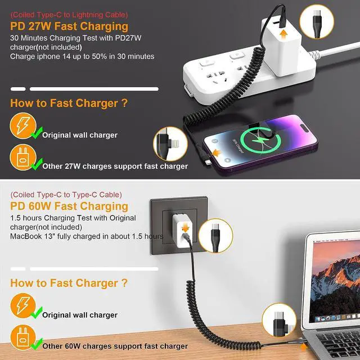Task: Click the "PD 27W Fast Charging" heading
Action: pyautogui.click(x=69, y=26)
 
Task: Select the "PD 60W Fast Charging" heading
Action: pyautogui.click(x=69, y=206)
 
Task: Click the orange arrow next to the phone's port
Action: pyautogui.click(x=217, y=152)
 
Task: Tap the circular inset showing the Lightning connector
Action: pyautogui.click(x=170, y=144)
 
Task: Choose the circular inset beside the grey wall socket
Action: pyautogui.click(x=215, y=236)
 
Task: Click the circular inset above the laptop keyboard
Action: pyautogui.click(x=279, y=320)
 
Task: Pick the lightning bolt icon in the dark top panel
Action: pyautogui.click(x=23, y=126)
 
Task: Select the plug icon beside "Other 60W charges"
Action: pyautogui.click(x=23, y=337)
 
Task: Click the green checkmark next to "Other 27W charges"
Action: pyautogui.click(x=37, y=164)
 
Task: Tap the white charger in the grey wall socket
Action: pyautogui.click(x=182, y=231)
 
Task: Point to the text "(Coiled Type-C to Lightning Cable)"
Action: pyautogui.click(x=69, y=15)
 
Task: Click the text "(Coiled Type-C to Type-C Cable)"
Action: pyautogui.click(x=66, y=195)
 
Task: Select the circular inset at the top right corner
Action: pyautogui.click(x=317, y=21)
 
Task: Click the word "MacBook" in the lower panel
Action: pyautogui.click(x=26, y=236)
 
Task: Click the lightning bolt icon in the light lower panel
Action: pyautogui.click(x=23, y=306)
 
